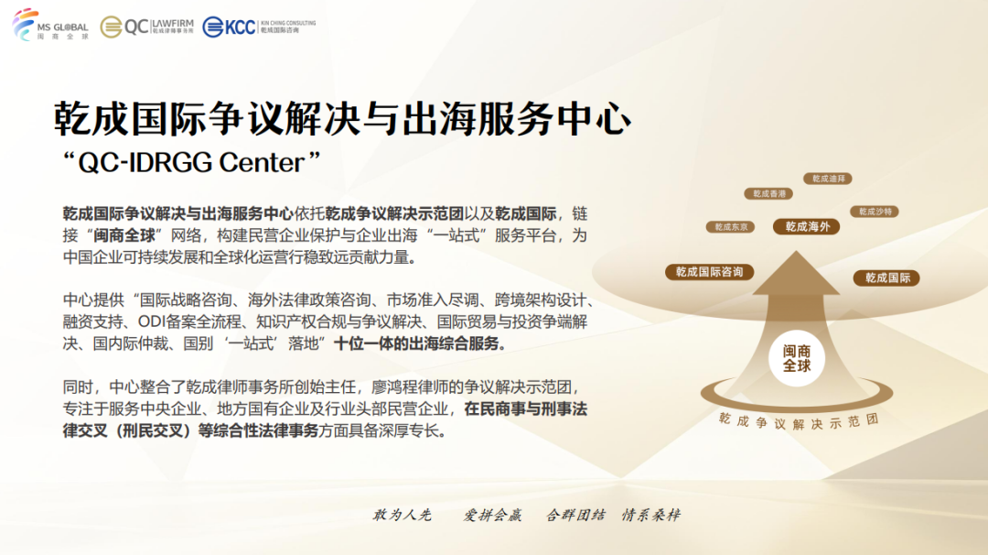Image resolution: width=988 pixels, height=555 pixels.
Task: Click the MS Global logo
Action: pos(50,26)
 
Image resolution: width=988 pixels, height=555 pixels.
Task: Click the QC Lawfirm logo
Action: pos(146,27)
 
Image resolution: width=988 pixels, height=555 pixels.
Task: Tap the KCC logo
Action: pos(259,27)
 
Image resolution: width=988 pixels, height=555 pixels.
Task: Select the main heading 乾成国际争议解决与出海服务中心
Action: pos(342,118)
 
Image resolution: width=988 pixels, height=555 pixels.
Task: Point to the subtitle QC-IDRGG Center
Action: pos(191,163)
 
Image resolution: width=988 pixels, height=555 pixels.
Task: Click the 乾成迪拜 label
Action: pos(828,180)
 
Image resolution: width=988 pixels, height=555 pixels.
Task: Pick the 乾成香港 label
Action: pos(768,193)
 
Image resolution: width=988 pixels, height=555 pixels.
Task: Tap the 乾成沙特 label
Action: pos(875,212)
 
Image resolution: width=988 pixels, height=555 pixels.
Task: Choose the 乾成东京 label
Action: pos(731,227)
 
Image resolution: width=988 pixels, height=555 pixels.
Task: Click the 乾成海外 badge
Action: pos(807,226)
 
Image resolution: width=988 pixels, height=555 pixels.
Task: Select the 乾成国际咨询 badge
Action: pos(710,272)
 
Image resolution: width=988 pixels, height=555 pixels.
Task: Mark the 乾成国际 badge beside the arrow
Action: pos(886,277)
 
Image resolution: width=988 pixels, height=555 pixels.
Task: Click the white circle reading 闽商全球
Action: pos(797,358)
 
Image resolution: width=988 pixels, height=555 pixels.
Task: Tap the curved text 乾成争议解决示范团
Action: pos(799,421)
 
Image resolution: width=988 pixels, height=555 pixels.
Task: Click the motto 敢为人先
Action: pos(402,516)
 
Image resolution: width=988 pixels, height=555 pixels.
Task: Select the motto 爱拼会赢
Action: pos(492,516)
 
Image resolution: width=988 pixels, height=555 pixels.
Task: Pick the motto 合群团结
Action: pos(575,516)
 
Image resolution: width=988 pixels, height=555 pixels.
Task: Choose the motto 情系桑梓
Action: pos(651,516)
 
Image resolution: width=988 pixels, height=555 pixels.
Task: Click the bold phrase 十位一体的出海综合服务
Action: pos(419,343)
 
